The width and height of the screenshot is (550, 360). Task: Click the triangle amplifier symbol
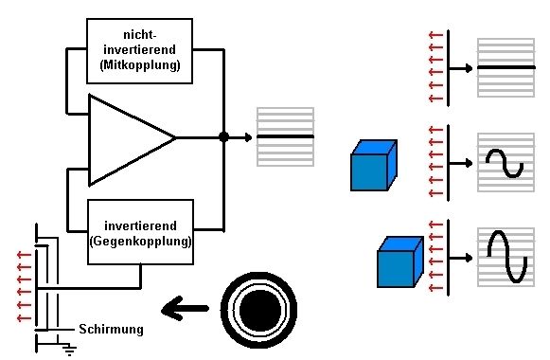[127, 138]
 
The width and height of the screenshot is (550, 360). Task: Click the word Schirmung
[111, 329]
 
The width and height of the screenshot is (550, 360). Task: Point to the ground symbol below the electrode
[69, 350]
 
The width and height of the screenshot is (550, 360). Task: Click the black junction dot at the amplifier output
[223, 137]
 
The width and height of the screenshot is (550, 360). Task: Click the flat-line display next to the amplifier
[285, 137]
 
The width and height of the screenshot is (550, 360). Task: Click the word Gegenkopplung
[140, 243]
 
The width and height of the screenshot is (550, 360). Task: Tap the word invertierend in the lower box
[140, 225]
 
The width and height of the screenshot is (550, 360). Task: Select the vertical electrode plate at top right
[448, 68]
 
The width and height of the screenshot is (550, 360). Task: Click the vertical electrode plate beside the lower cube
[448, 256]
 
